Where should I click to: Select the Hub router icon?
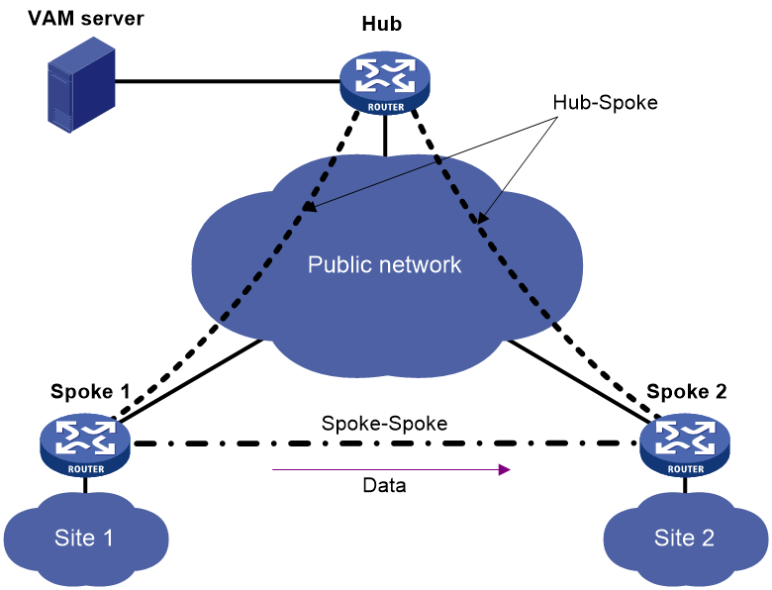point(385,83)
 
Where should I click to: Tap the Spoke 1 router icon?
point(85,445)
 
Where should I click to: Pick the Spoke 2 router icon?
point(685,445)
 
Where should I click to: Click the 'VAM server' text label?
point(86,19)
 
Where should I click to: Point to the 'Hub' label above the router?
point(382,24)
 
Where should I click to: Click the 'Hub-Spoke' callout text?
point(605,102)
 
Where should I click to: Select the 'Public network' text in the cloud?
point(385,265)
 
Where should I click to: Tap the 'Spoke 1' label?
point(91,392)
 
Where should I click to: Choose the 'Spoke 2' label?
point(687,392)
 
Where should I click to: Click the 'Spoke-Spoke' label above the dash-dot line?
point(385,424)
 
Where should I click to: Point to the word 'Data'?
point(385,486)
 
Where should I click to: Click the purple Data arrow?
point(391,470)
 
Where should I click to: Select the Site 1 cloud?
point(86,538)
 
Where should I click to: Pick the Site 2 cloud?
point(685,538)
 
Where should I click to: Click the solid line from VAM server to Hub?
point(228,81)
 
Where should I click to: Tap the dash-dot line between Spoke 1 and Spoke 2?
point(386,443)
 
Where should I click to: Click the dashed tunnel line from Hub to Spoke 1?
point(235,264)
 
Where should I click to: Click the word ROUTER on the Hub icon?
point(386,107)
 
